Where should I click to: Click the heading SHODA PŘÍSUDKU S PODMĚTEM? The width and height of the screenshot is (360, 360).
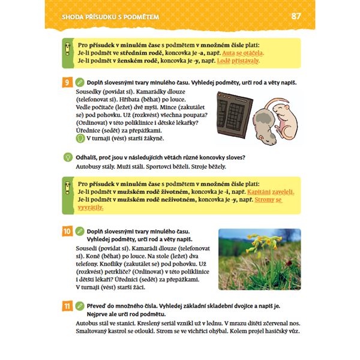click(110, 17)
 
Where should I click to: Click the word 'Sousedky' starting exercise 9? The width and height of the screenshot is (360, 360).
click(90, 91)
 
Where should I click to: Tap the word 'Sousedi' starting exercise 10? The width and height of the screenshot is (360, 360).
click(91, 247)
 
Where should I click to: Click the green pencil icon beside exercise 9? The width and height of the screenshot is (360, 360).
click(80, 82)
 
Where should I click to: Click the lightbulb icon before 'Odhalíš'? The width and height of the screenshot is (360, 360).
click(68, 157)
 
